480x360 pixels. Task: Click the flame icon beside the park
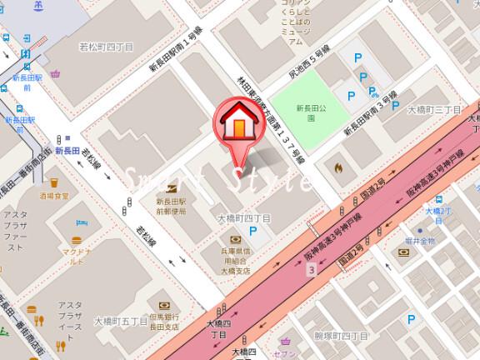(x=337, y=167)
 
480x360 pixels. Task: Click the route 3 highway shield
(x=312, y=271)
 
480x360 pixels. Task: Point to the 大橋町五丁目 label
(x=121, y=320)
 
